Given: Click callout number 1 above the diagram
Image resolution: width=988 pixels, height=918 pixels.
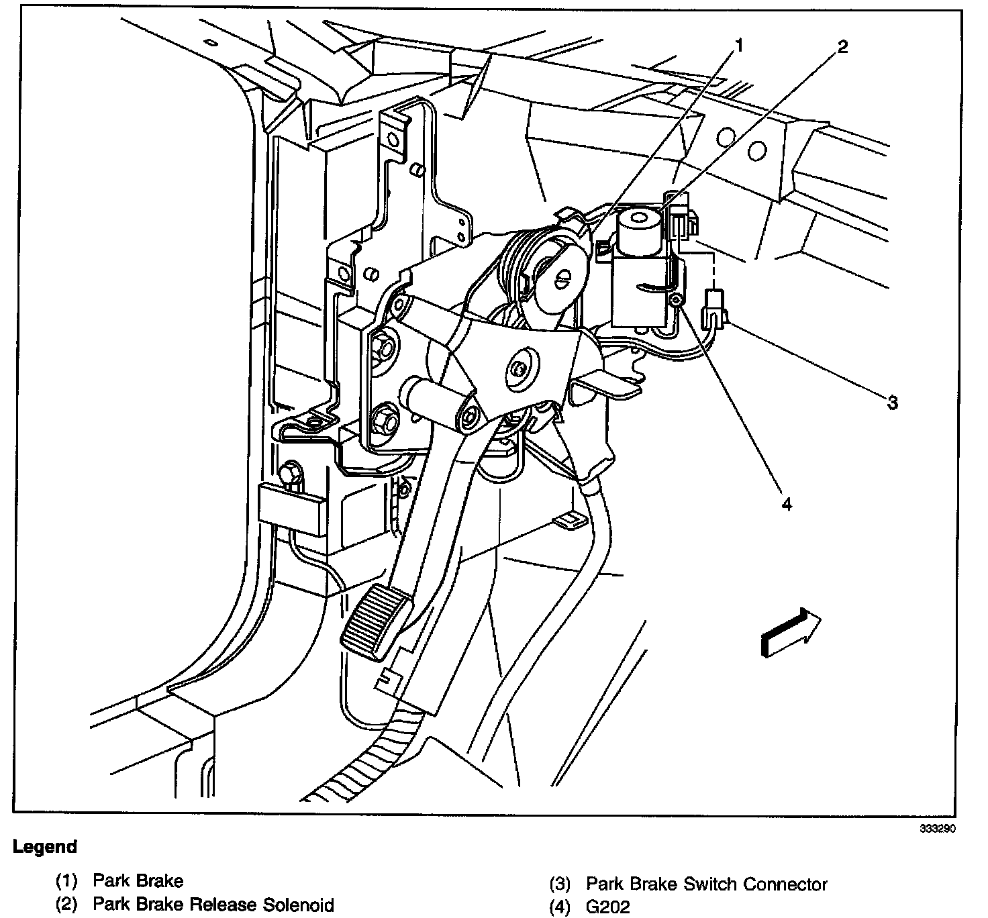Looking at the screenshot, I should [739, 46].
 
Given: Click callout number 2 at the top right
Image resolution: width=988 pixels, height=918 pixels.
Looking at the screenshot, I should [842, 46].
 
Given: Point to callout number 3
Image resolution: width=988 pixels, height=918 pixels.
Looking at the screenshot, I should [892, 403].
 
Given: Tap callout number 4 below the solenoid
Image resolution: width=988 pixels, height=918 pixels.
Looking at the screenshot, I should [786, 503].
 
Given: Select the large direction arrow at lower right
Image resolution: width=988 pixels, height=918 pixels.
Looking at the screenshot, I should [790, 631].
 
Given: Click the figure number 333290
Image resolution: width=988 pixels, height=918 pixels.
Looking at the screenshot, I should [937, 828].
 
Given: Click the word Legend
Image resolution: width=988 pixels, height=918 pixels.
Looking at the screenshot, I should [45, 847].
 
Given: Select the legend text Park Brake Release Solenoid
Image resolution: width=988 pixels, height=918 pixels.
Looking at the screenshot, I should [213, 905].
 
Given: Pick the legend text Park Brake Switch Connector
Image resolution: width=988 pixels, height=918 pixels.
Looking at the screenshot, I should [706, 884].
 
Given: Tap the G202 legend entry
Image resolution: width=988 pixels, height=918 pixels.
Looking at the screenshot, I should [608, 907].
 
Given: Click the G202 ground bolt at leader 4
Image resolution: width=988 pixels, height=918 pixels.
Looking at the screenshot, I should [677, 301].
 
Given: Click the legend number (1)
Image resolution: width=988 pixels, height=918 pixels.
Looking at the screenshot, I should [67, 880].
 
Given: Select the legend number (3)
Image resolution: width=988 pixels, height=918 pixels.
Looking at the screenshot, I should [560, 884].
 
